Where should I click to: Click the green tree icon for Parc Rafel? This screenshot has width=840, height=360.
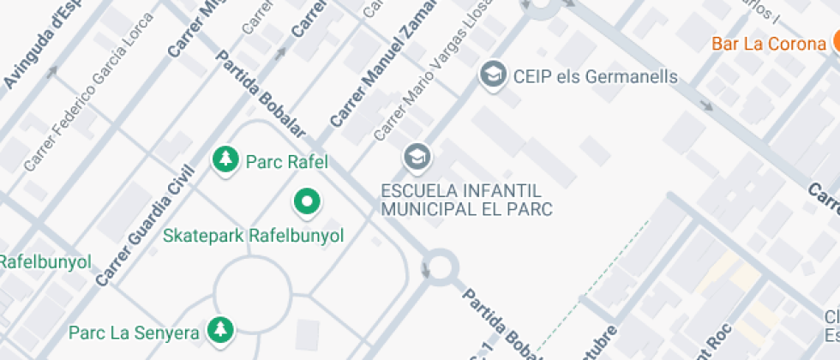[225, 159]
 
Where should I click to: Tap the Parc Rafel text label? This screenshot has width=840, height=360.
[287, 161]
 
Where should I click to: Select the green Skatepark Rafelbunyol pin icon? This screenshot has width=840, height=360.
[307, 202]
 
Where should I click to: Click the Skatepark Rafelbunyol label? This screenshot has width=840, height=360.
[253, 235]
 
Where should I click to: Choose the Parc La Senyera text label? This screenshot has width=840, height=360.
[135, 332]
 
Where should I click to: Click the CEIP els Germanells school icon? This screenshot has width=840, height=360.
[492, 75]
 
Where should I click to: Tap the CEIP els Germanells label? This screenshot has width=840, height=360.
[595, 76]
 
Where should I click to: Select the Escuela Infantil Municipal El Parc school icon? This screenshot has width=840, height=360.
[417, 157]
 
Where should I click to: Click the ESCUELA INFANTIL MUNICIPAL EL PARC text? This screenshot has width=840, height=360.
[467, 199]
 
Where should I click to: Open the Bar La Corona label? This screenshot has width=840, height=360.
[772, 44]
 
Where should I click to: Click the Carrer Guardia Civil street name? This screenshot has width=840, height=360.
[141, 226]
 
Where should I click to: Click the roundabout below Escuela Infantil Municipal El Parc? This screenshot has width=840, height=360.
[440, 267]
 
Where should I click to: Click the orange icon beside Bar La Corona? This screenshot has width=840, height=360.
[834, 43]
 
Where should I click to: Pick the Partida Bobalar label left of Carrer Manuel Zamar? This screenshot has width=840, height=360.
[260, 93]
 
